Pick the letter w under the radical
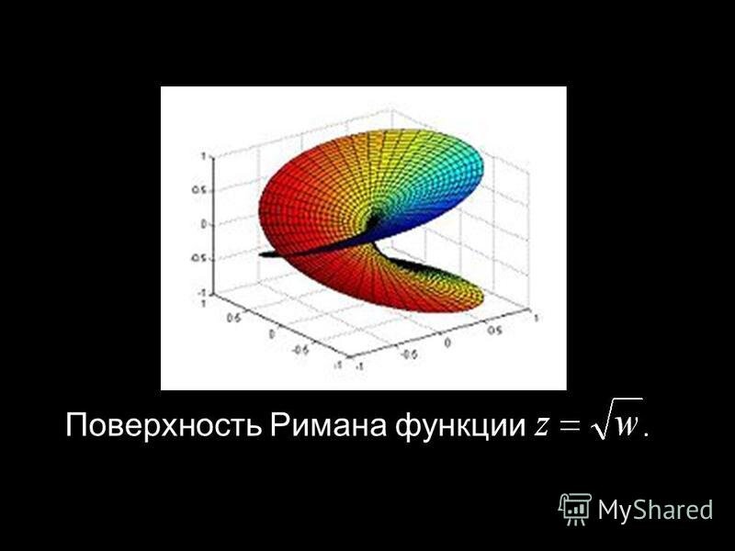coord(627,426)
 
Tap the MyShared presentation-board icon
coord(575,508)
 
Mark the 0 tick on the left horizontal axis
coord(272,335)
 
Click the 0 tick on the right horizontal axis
coord(448,342)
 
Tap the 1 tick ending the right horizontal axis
coord(534,314)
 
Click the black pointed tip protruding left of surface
coord(264,253)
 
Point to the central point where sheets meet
coord(377,220)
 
